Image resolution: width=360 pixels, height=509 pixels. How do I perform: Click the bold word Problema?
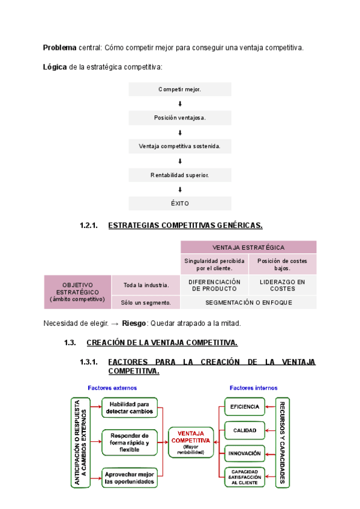point(59,47)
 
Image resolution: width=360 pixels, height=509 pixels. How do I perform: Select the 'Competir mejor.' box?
point(180,89)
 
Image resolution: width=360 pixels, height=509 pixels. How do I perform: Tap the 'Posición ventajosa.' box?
point(180,118)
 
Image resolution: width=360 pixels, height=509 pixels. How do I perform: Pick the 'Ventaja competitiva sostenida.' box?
point(180,146)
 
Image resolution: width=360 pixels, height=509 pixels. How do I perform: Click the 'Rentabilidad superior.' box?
point(180,175)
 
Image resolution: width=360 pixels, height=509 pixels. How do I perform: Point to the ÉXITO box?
point(180,203)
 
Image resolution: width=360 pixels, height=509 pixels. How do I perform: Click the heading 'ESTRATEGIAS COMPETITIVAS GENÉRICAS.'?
point(185,226)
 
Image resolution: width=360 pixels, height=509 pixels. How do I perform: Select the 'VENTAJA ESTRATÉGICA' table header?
point(248,247)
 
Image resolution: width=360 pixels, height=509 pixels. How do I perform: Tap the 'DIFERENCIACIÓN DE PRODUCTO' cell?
point(214,285)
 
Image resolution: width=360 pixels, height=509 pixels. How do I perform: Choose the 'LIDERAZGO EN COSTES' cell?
point(283,285)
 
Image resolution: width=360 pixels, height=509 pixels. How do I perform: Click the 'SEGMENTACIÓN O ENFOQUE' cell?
point(248,303)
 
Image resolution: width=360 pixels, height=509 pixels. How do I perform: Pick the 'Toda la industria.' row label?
point(146,285)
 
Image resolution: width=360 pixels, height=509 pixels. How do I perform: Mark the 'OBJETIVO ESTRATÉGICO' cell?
point(77,292)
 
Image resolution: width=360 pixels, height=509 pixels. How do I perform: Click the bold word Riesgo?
point(134,324)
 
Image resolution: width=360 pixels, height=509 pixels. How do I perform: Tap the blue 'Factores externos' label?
point(112,388)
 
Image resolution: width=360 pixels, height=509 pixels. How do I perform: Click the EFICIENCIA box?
point(244,407)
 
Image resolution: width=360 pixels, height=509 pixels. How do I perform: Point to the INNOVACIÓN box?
point(244,453)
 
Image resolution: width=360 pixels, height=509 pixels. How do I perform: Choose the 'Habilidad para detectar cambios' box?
point(130,408)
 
